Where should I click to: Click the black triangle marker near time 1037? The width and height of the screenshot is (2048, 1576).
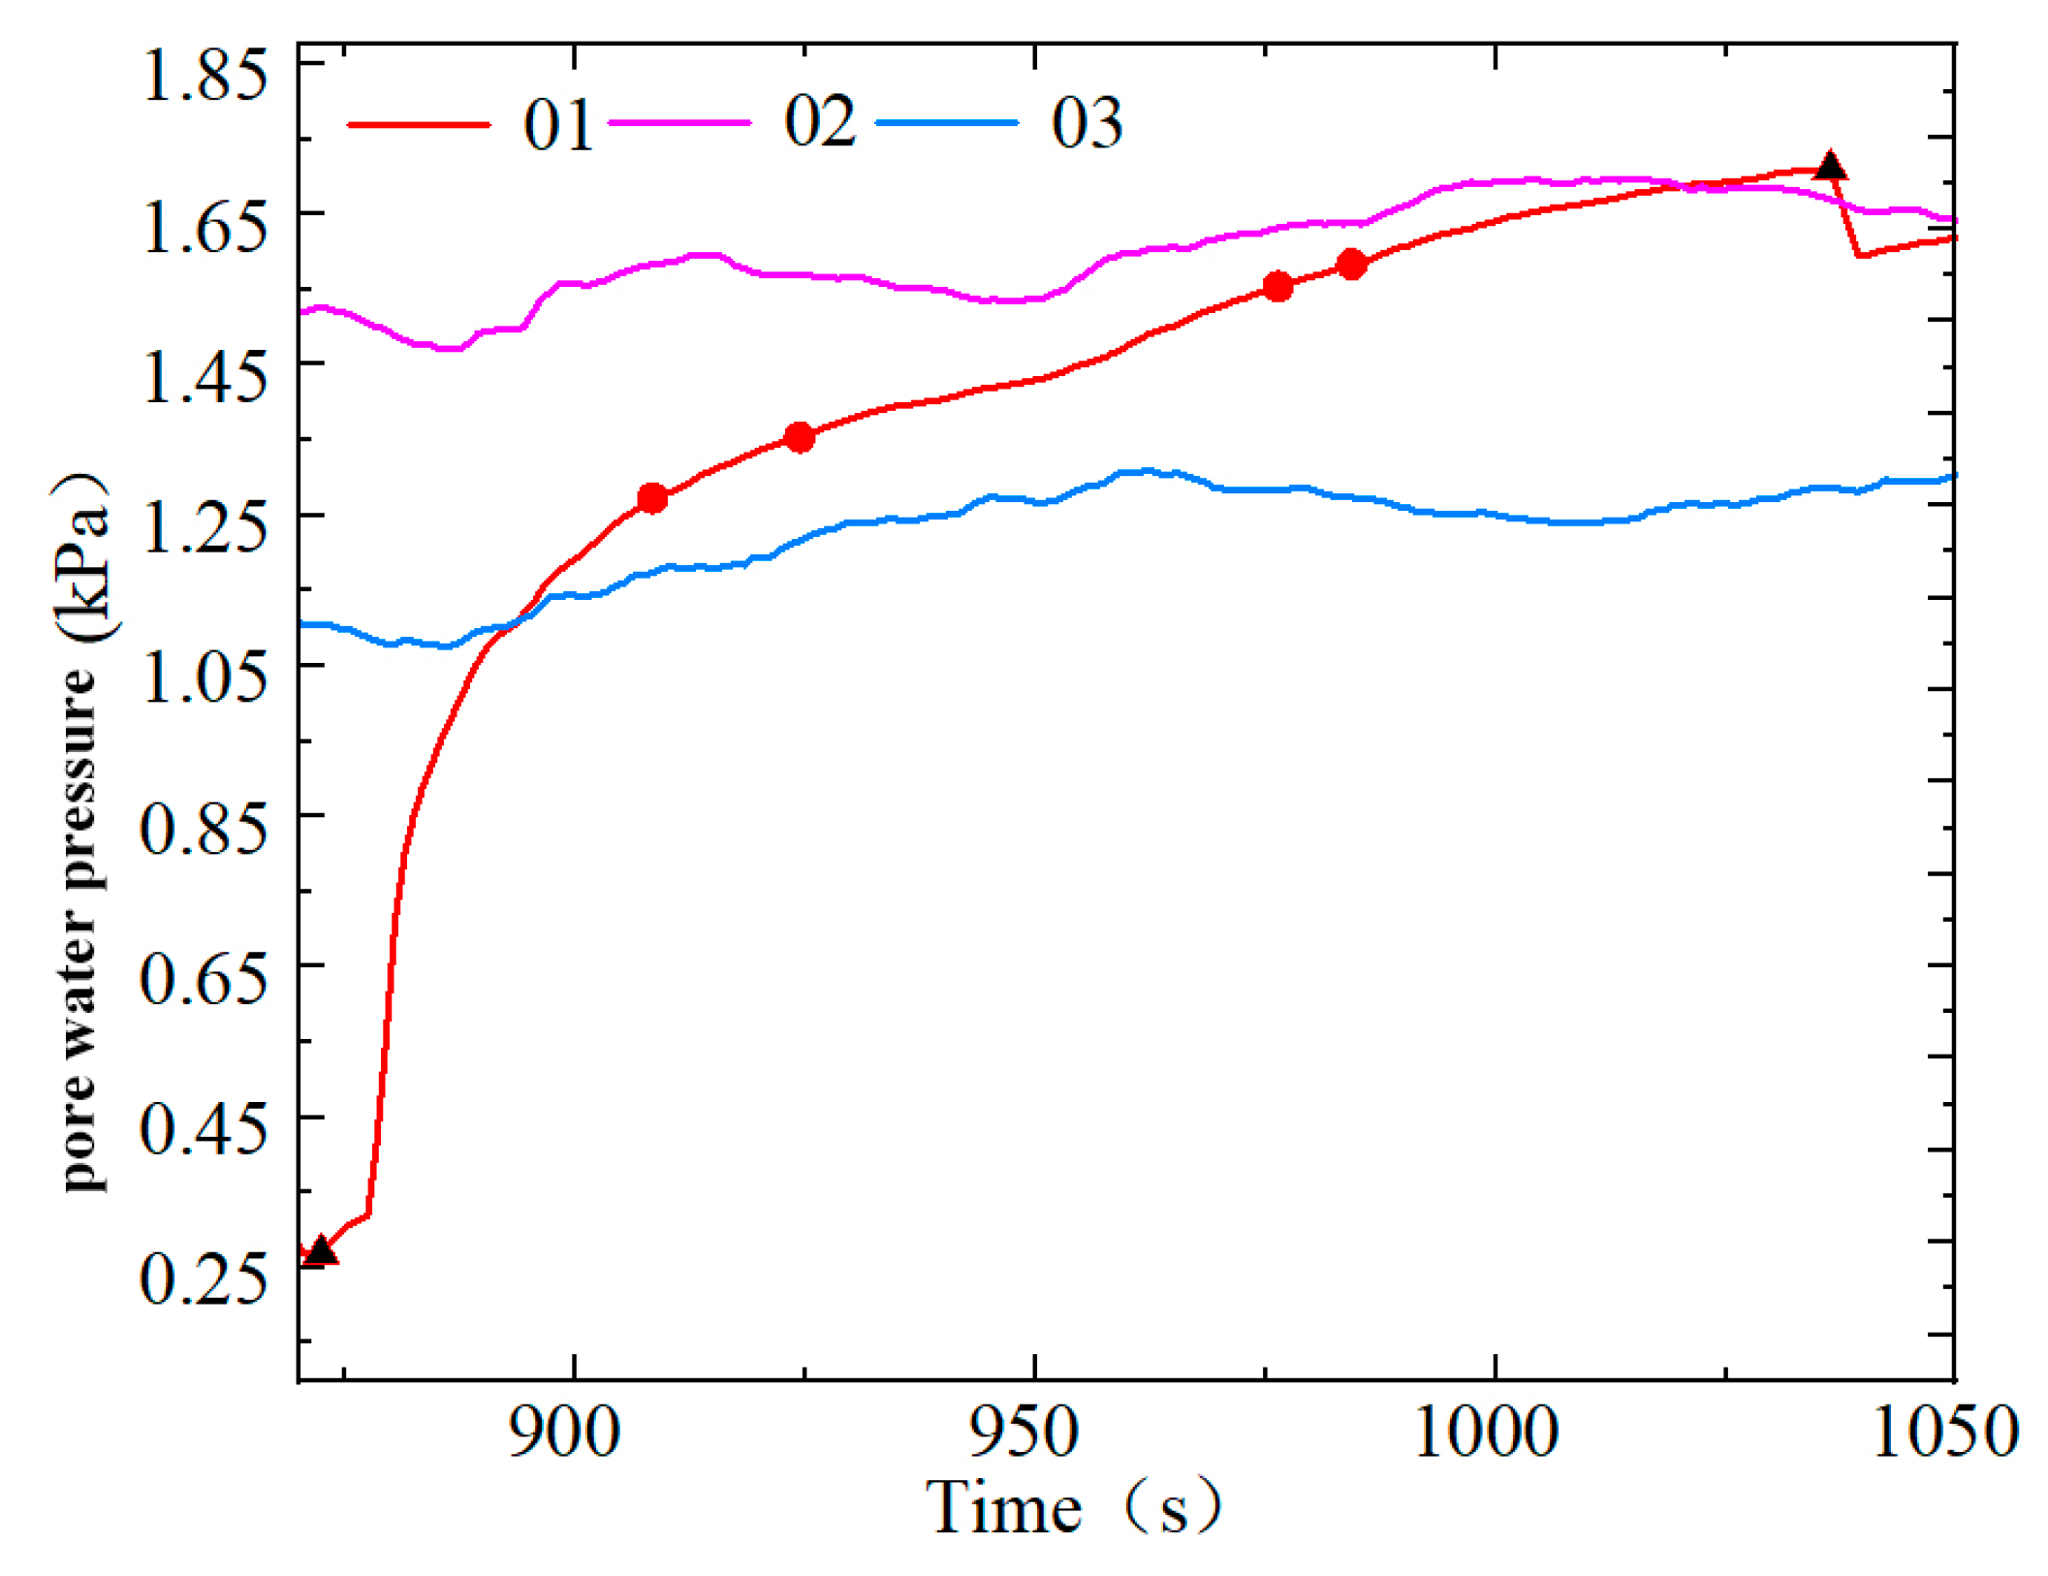(1829, 167)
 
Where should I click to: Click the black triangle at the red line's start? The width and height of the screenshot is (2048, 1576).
(321, 1250)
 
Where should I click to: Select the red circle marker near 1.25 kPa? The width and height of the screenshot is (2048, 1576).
(652, 498)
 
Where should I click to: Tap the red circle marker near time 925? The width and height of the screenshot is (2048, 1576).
(799, 437)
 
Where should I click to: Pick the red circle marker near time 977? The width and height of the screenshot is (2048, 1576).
(1277, 286)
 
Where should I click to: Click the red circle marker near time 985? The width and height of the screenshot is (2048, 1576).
(1351, 264)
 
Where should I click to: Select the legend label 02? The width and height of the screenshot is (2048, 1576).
(819, 121)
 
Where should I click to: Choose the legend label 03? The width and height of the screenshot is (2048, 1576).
(1087, 123)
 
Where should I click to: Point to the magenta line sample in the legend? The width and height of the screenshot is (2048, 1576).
(678, 122)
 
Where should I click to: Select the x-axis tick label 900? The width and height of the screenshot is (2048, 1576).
(564, 1433)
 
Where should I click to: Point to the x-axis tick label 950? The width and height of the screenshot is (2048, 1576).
(1024, 1433)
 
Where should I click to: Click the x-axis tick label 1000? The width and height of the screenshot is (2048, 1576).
(1486, 1433)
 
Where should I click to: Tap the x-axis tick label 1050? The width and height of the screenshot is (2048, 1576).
(1944, 1433)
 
